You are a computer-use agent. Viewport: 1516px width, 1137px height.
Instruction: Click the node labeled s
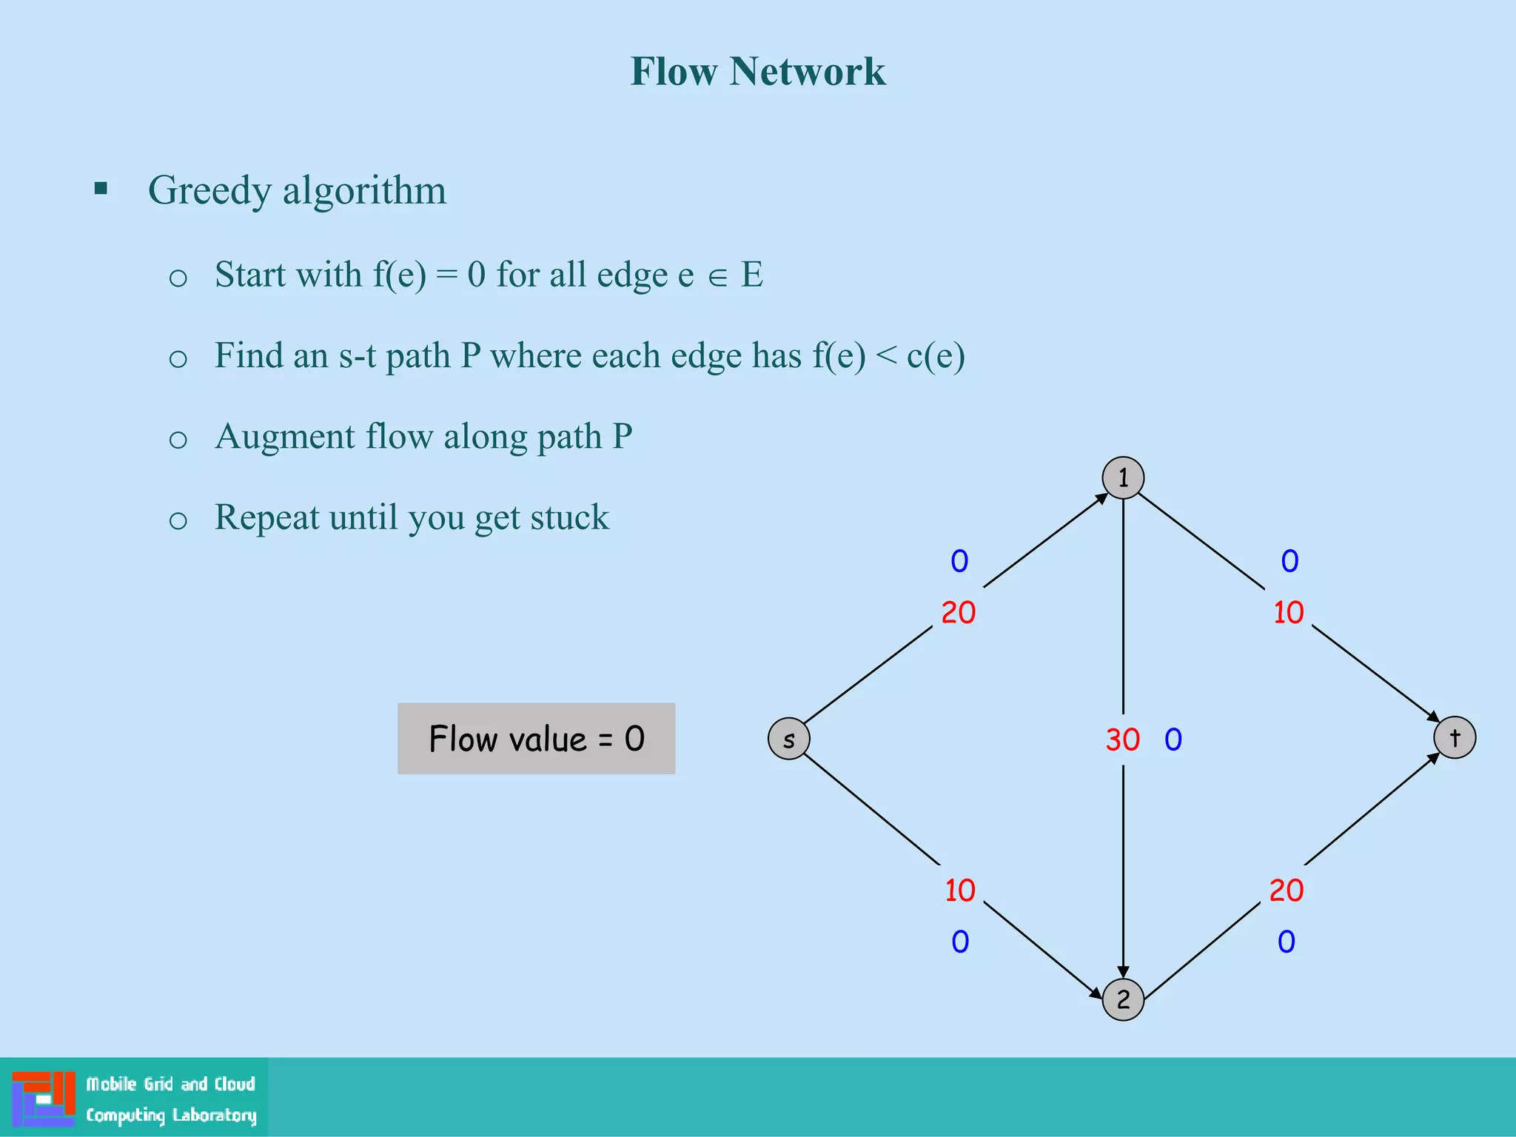[x=789, y=739]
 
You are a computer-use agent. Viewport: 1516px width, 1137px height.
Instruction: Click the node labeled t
[x=1455, y=737]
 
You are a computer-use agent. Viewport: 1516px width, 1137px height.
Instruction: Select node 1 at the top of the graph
[x=1123, y=478]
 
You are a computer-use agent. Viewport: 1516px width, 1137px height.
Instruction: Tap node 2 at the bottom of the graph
[x=1123, y=999]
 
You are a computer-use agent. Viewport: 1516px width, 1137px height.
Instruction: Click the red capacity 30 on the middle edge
[x=1122, y=739]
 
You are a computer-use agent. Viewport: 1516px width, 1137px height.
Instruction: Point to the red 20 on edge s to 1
[x=959, y=613]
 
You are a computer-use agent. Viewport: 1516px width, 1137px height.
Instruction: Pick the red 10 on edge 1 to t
[x=1289, y=613]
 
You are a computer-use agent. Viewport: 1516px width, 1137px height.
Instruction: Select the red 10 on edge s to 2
[x=960, y=891]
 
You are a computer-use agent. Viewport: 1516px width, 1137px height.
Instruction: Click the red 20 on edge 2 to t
[x=1287, y=891]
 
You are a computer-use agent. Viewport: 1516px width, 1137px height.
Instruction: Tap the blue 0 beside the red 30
[x=1173, y=739]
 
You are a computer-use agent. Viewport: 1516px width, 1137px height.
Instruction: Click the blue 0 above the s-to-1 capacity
[x=959, y=561]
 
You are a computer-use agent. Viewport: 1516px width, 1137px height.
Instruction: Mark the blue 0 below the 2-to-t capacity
[x=1287, y=942]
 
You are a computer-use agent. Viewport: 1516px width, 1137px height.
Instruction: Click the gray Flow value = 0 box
[x=536, y=739]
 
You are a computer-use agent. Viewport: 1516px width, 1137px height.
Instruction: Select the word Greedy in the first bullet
[x=210, y=191]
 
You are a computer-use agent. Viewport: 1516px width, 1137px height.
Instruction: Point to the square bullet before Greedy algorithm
[x=101, y=189]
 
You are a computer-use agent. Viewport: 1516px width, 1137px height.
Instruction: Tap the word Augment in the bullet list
[x=285, y=437]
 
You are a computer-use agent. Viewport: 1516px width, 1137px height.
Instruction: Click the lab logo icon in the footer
[x=44, y=1099]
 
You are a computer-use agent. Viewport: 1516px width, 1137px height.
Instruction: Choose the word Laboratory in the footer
[x=214, y=1116]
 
